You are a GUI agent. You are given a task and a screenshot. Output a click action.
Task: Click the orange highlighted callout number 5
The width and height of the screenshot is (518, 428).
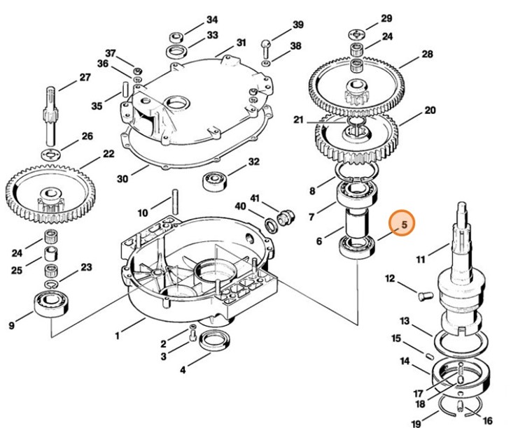[x=405, y=224]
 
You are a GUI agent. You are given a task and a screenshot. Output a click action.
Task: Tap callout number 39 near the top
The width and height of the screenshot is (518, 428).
[x=298, y=24]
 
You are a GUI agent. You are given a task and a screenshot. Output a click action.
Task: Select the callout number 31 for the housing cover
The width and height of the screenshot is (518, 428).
[x=241, y=43]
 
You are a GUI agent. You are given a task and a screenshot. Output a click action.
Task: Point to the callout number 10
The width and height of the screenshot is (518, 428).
[x=143, y=213]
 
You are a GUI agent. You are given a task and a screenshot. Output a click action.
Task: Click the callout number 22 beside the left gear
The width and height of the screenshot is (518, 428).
[x=108, y=154]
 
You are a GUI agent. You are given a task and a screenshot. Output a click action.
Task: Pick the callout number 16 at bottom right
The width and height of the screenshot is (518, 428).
[x=488, y=421]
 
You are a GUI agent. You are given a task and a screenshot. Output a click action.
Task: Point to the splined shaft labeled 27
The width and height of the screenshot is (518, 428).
[x=50, y=116]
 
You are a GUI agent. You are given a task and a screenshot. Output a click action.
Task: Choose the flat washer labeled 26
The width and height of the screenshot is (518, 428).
[x=50, y=154]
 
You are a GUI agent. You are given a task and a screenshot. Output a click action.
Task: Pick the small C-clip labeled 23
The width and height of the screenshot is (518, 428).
[x=51, y=284]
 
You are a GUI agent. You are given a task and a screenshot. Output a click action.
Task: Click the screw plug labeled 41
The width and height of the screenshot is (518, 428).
[x=285, y=217]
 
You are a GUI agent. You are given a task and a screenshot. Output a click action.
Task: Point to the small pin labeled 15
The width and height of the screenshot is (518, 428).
[x=429, y=356]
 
